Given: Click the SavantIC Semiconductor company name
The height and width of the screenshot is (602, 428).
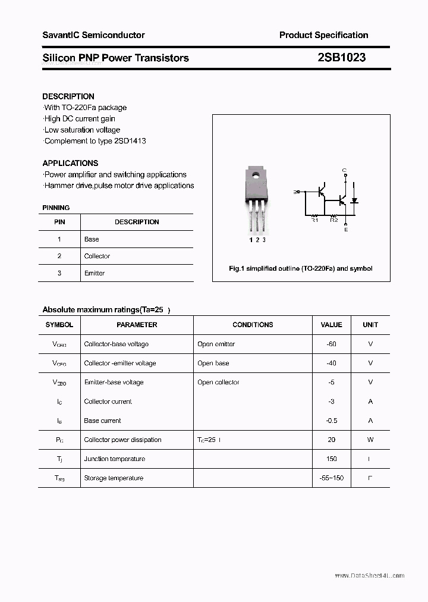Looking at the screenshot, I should click(x=93, y=35).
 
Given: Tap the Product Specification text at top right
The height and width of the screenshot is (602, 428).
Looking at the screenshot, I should click(x=323, y=35).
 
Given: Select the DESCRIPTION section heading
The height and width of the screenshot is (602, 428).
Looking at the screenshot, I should click(x=68, y=96).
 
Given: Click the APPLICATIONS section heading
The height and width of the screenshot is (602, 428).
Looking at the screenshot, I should click(x=70, y=163).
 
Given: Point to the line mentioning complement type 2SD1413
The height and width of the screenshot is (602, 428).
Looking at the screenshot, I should click(x=95, y=141).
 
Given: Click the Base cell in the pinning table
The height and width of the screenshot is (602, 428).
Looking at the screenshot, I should click(x=92, y=239).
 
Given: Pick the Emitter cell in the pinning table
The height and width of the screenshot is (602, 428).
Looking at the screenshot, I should click(x=95, y=273).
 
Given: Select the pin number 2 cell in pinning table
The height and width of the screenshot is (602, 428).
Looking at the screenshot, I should click(x=59, y=256).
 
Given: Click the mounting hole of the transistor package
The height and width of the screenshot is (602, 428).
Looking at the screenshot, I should click(x=254, y=175).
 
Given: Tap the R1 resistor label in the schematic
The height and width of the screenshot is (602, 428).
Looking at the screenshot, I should click(x=315, y=220).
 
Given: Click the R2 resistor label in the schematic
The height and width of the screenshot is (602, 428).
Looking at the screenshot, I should click(x=333, y=220).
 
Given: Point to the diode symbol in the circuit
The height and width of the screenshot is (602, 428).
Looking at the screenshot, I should click(x=355, y=201).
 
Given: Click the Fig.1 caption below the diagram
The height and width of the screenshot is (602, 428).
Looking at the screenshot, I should click(x=301, y=268).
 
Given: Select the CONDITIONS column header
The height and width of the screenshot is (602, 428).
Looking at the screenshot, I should click(x=253, y=325).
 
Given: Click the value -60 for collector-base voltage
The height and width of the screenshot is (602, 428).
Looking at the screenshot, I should click(x=331, y=344).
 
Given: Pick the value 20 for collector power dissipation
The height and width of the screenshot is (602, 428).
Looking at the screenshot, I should click(x=331, y=440).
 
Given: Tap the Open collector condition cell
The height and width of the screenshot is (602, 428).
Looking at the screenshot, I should click(x=218, y=382).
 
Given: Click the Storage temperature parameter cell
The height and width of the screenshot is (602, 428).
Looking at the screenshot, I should click(x=114, y=478).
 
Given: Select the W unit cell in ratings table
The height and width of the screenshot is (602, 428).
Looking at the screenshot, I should click(x=370, y=440).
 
